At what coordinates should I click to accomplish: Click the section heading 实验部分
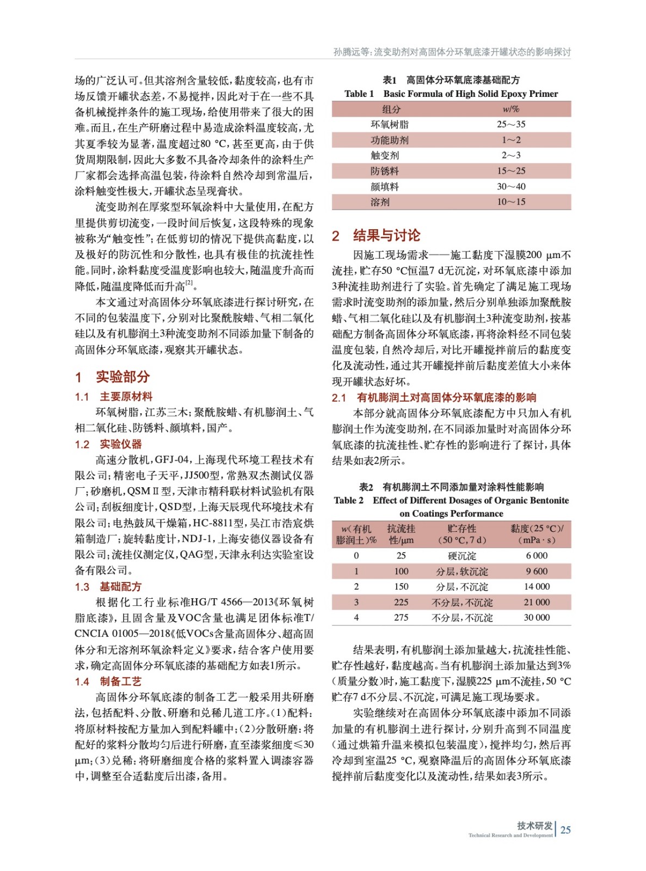point(122,377)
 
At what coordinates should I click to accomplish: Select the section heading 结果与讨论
point(386,235)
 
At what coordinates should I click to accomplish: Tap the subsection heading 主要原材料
point(126,396)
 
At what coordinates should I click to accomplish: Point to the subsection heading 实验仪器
point(120,444)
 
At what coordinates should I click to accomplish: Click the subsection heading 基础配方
point(120,586)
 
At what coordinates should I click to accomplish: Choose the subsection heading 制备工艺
point(120,681)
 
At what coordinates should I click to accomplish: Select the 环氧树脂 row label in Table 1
point(389,124)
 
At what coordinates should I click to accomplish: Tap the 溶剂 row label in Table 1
point(380,202)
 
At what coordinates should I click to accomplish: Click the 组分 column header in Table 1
point(391,109)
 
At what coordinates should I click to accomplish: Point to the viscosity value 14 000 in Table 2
point(536,586)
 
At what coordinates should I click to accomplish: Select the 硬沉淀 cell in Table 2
point(462,555)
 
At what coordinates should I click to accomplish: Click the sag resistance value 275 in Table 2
point(401,617)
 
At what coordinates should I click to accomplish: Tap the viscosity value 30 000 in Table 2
point(536,617)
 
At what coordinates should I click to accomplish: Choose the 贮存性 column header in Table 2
point(462,529)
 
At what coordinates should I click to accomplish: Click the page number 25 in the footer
point(565,830)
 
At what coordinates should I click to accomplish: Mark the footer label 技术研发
point(534,825)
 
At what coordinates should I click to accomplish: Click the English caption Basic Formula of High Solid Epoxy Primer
point(470,94)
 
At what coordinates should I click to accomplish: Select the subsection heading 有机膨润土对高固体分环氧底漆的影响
point(446,397)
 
